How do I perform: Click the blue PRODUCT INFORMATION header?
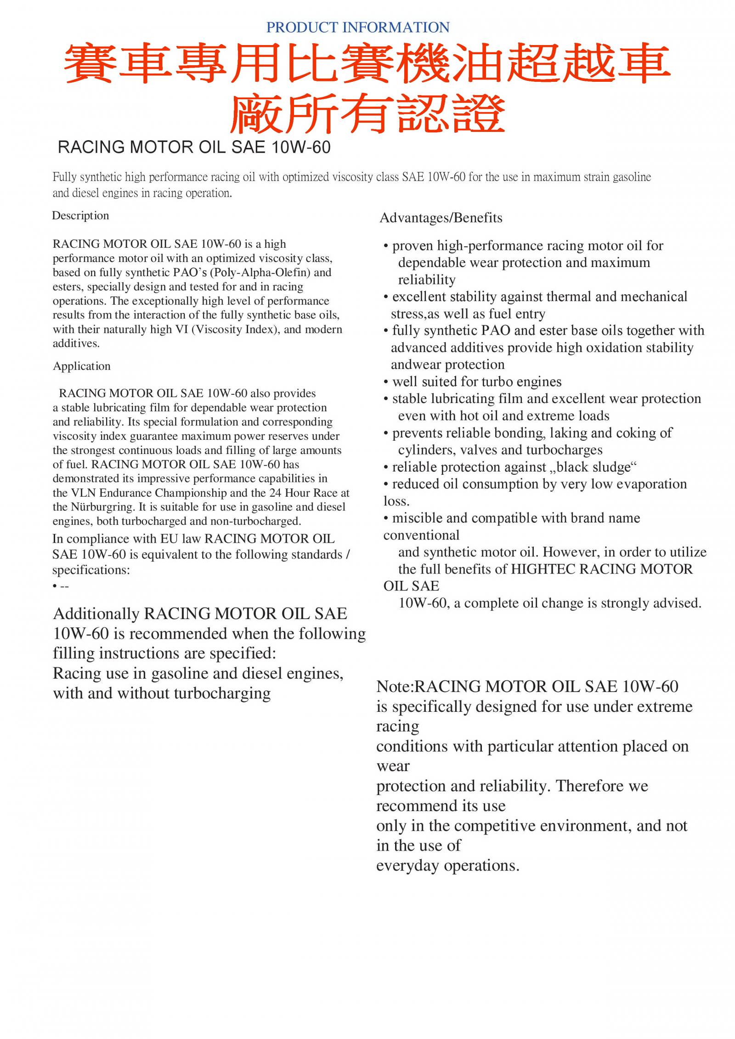[358, 28]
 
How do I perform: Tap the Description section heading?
[80, 216]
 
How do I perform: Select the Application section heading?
[82, 366]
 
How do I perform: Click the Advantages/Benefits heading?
[441, 218]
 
